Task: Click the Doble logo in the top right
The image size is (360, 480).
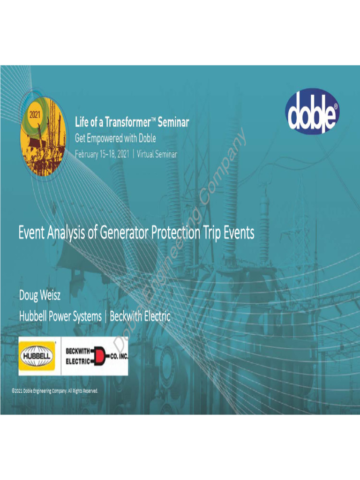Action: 312,110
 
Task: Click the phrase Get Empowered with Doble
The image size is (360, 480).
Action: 115,138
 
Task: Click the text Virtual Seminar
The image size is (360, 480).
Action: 157,153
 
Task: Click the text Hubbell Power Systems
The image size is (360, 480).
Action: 60,317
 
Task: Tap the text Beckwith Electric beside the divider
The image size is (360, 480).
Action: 140,317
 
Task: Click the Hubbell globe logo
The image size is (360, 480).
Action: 37,356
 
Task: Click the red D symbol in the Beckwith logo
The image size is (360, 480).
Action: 99,356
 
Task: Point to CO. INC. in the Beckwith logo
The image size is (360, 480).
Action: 119,356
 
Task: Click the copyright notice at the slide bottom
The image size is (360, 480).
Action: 55,391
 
